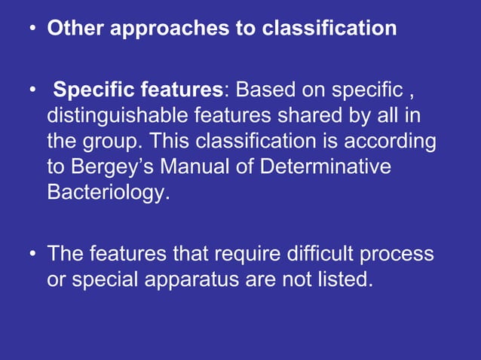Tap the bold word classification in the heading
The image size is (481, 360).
(329, 29)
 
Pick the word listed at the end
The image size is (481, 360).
(343, 279)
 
